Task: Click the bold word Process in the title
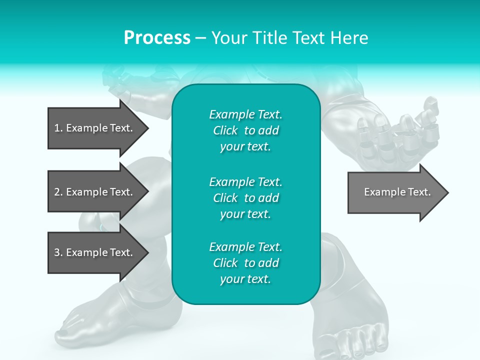tap(157, 38)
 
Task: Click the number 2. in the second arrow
tap(58, 192)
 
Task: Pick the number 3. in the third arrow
tap(58, 252)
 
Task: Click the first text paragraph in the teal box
tap(245, 130)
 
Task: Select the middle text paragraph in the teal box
tap(245, 197)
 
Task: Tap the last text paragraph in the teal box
tap(245, 263)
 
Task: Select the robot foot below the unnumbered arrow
tap(355, 320)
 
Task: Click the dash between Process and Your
tap(200, 38)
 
